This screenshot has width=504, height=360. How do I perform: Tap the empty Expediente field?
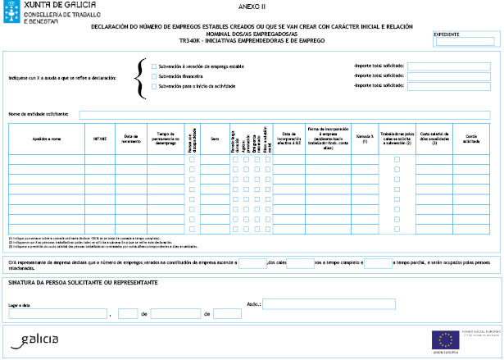[x=465, y=42]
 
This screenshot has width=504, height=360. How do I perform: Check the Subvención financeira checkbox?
[x=154, y=75]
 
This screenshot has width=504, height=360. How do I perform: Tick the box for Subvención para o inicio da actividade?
[x=154, y=85]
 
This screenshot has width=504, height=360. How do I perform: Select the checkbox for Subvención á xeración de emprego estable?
[x=154, y=65]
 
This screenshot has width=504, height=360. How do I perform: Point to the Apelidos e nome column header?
[x=47, y=139]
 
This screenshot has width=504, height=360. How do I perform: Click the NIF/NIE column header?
[x=100, y=139]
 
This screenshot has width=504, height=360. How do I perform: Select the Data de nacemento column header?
[x=133, y=139]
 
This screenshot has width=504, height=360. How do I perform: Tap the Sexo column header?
[x=215, y=139]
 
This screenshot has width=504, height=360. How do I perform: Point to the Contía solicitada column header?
[x=470, y=139]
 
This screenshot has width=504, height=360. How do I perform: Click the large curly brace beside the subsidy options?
[x=141, y=75]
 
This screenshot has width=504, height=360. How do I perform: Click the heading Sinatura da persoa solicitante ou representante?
[x=82, y=282]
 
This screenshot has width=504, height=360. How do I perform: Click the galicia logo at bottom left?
[x=39, y=339]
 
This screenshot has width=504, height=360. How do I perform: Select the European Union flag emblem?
[x=447, y=339]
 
